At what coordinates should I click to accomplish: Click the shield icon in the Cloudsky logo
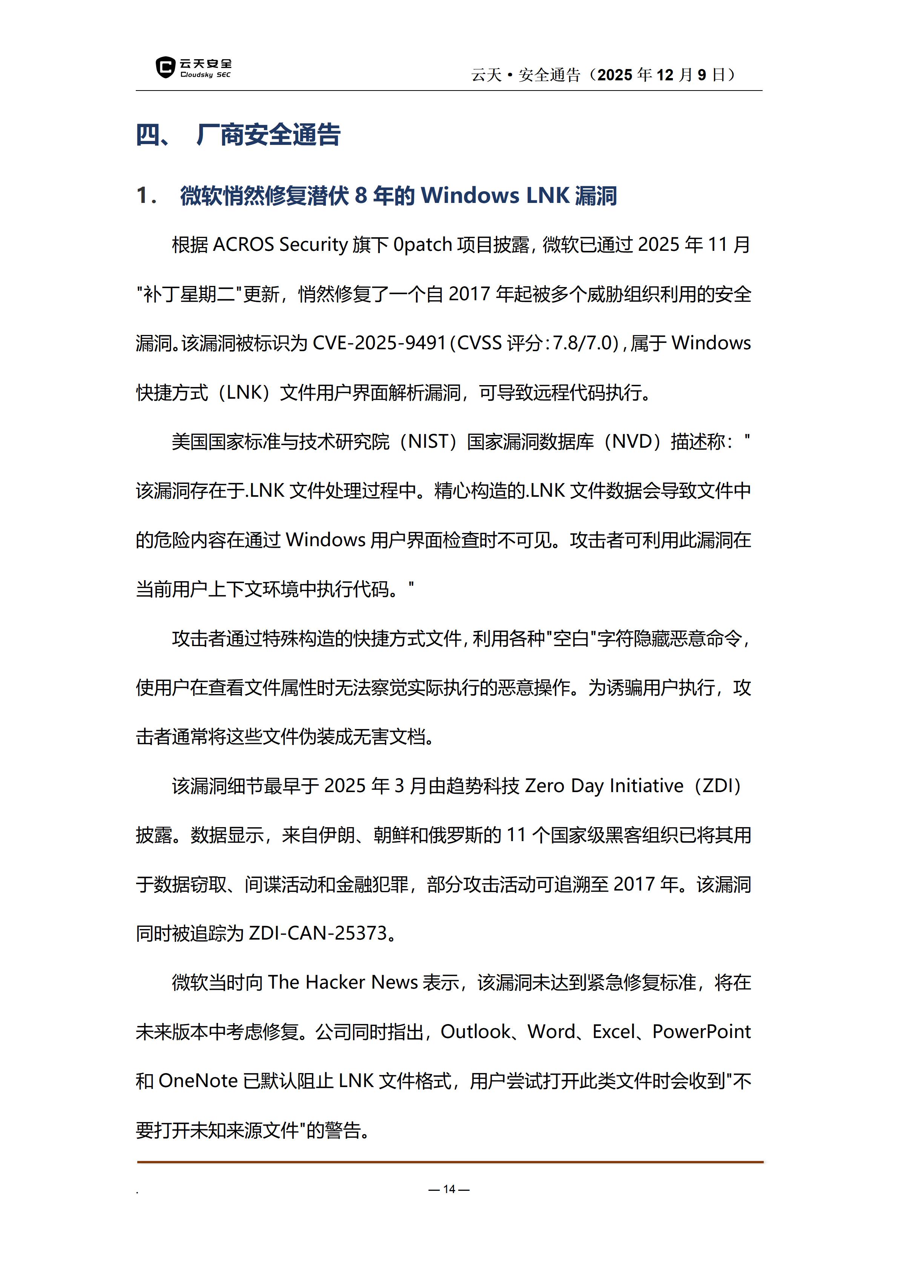click(x=165, y=68)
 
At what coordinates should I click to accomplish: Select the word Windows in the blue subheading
click(x=470, y=196)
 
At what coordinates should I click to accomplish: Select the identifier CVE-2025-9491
click(x=379, y=343)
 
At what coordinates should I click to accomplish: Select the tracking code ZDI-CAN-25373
click(x=318, y=934)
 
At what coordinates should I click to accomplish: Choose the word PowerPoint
click(x=701, y=1032)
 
